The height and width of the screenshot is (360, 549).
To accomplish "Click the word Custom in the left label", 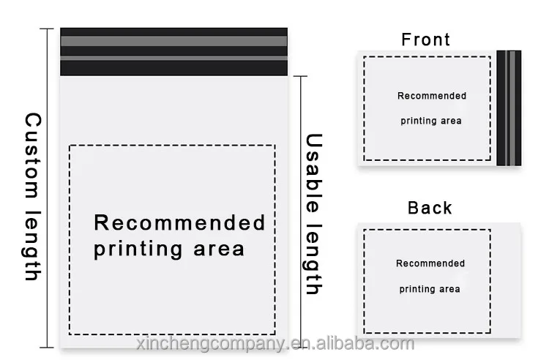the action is point(32,154).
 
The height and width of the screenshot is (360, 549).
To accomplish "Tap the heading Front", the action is point(425,40).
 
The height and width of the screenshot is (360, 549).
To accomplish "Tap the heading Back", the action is point(430,208).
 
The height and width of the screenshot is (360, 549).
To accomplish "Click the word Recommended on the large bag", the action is point(180,222).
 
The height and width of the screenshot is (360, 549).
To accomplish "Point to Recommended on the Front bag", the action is point(431,96).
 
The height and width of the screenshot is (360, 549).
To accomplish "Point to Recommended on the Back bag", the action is point(430,263).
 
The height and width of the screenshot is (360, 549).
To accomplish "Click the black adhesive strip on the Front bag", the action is point(509,108).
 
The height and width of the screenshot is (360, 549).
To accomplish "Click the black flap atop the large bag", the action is point(173,51).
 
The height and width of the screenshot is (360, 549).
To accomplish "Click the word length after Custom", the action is point(32,245).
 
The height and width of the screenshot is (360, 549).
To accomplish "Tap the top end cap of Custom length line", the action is point(47,29).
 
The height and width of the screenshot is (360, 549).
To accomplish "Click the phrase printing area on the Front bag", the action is point(431,121).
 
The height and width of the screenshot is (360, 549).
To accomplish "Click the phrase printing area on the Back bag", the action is point(430,289).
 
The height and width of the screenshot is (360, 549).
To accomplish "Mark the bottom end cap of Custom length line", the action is point(47,346).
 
